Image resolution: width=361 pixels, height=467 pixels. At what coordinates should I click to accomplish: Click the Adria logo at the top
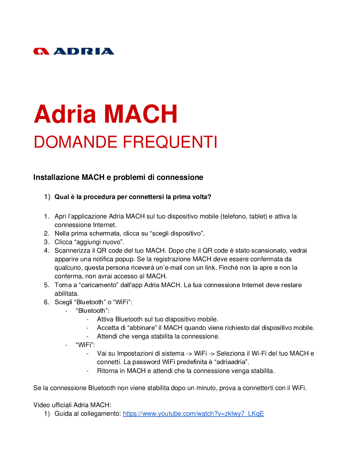74,52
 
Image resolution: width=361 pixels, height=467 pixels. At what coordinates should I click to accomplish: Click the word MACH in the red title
141,114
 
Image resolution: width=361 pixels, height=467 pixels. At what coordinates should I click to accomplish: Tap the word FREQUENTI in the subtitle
170,142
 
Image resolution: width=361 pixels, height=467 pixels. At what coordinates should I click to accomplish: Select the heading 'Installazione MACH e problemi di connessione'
118,177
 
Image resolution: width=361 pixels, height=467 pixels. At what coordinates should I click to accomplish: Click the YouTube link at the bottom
193,414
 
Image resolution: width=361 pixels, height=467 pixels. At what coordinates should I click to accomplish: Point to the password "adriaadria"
231,362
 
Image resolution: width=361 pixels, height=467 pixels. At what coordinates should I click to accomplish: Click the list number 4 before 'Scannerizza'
46,251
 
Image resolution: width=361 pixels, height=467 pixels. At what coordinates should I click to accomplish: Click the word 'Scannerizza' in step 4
72,251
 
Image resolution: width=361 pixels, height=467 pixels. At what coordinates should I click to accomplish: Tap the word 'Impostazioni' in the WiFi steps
135,353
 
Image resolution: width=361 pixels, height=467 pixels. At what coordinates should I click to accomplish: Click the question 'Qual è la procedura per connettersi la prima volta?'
133,197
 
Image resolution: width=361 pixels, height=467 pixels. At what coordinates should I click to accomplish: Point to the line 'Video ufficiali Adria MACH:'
72,405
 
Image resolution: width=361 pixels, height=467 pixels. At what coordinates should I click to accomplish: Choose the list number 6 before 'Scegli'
46,302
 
